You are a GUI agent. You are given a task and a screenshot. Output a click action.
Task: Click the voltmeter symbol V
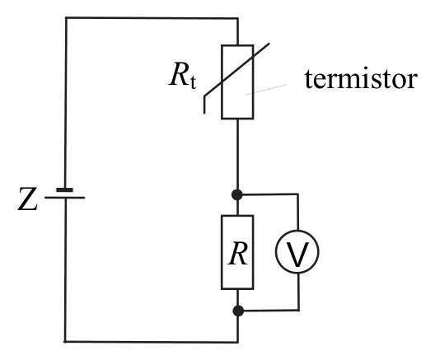(297, 252)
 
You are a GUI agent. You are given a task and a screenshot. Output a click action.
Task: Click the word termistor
(361, 78)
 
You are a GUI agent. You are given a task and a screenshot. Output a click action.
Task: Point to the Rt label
(183, 75)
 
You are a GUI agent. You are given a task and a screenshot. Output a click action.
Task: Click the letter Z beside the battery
(27, 199)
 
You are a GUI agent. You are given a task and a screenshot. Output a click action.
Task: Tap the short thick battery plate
(64, 190)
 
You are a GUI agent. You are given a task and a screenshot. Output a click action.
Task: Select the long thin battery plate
(64, 198)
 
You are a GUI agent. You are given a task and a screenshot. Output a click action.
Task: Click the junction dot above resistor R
(237, 194)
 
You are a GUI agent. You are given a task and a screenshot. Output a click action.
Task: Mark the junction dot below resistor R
(238, 311)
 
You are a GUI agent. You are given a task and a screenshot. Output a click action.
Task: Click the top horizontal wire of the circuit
(152, 18)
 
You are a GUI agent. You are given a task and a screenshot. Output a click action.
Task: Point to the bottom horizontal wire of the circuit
(152, 342)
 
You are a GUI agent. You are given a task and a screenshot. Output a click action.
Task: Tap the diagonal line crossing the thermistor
(236, 70)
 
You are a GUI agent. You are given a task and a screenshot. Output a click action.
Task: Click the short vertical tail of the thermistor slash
(204, 105)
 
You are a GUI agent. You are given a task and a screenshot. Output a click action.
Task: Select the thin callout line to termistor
(265, 90)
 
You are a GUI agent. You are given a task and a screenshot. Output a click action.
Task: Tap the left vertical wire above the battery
(66, 103)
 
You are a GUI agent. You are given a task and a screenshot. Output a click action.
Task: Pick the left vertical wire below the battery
(65, 270)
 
